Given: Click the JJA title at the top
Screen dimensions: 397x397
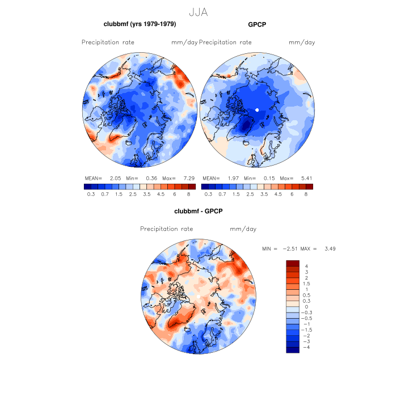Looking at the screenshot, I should [198, 11].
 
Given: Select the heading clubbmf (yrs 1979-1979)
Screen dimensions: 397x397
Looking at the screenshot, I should [140, 24].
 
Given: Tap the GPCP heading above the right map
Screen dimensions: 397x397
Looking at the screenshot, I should [257, 24].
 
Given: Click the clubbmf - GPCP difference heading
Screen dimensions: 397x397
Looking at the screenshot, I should [198, 212].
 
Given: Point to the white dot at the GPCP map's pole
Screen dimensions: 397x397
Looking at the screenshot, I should [257, 109].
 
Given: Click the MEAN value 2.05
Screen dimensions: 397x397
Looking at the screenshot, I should [116, 178].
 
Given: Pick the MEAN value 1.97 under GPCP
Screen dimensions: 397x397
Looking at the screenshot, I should [234, 178].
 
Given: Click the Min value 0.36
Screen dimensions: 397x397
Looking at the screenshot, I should [151, 178].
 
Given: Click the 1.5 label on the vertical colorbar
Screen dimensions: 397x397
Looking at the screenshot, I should [307, 283].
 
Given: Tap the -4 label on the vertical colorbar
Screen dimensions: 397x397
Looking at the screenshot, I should [306, 347].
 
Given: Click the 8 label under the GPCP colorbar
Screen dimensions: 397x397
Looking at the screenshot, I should [306, 195].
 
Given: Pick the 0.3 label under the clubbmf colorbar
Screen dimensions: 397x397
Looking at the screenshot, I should [90, 195].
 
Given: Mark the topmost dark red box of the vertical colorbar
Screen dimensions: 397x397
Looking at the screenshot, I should [293, 263].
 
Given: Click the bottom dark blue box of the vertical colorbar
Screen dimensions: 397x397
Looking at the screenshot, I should [293, 349].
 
